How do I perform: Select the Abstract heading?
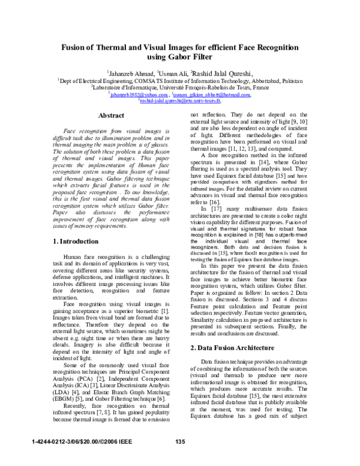click(x=110, y=115)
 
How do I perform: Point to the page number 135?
click(x=180, y=443)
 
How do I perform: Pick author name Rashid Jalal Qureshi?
click(x=221, y=73)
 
